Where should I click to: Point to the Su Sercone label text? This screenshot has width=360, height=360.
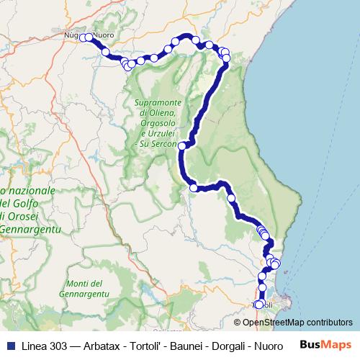click(x=161, y=145)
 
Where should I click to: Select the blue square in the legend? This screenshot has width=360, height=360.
click(x=9, y=344)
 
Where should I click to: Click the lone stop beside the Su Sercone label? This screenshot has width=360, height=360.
click(x=182, y=146)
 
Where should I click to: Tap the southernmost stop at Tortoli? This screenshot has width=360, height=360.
click(x=259, y=305)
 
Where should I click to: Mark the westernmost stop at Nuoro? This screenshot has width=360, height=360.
click(x=84, y=37)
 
